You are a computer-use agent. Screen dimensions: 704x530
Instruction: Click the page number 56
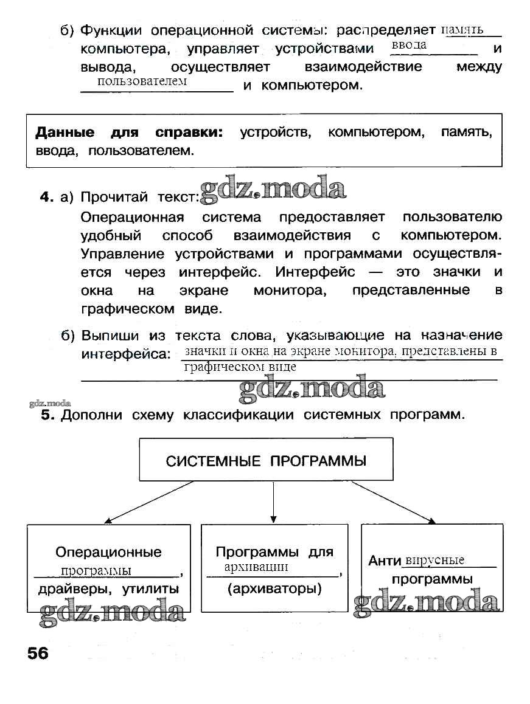pos(37,654)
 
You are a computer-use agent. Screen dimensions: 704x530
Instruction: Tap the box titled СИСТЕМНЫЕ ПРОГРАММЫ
pos(266,460)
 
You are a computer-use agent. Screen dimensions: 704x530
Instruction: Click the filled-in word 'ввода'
pos(409,46)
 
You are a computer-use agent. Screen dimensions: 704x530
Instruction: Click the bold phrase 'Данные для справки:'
pos(129,133)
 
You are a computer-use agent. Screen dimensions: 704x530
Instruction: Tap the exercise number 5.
pos(49,416)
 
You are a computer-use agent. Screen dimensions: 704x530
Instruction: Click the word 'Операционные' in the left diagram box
pos(108,552)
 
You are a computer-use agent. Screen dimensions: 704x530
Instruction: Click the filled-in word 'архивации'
pos(256,567)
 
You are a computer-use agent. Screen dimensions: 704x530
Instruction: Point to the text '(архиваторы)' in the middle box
pos(274,588)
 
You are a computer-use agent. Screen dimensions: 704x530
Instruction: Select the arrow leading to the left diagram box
pos(149,502)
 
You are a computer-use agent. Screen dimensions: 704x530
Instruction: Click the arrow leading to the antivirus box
pos(394,502)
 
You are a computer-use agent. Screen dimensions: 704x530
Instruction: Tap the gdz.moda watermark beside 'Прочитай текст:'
pos(272,188)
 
